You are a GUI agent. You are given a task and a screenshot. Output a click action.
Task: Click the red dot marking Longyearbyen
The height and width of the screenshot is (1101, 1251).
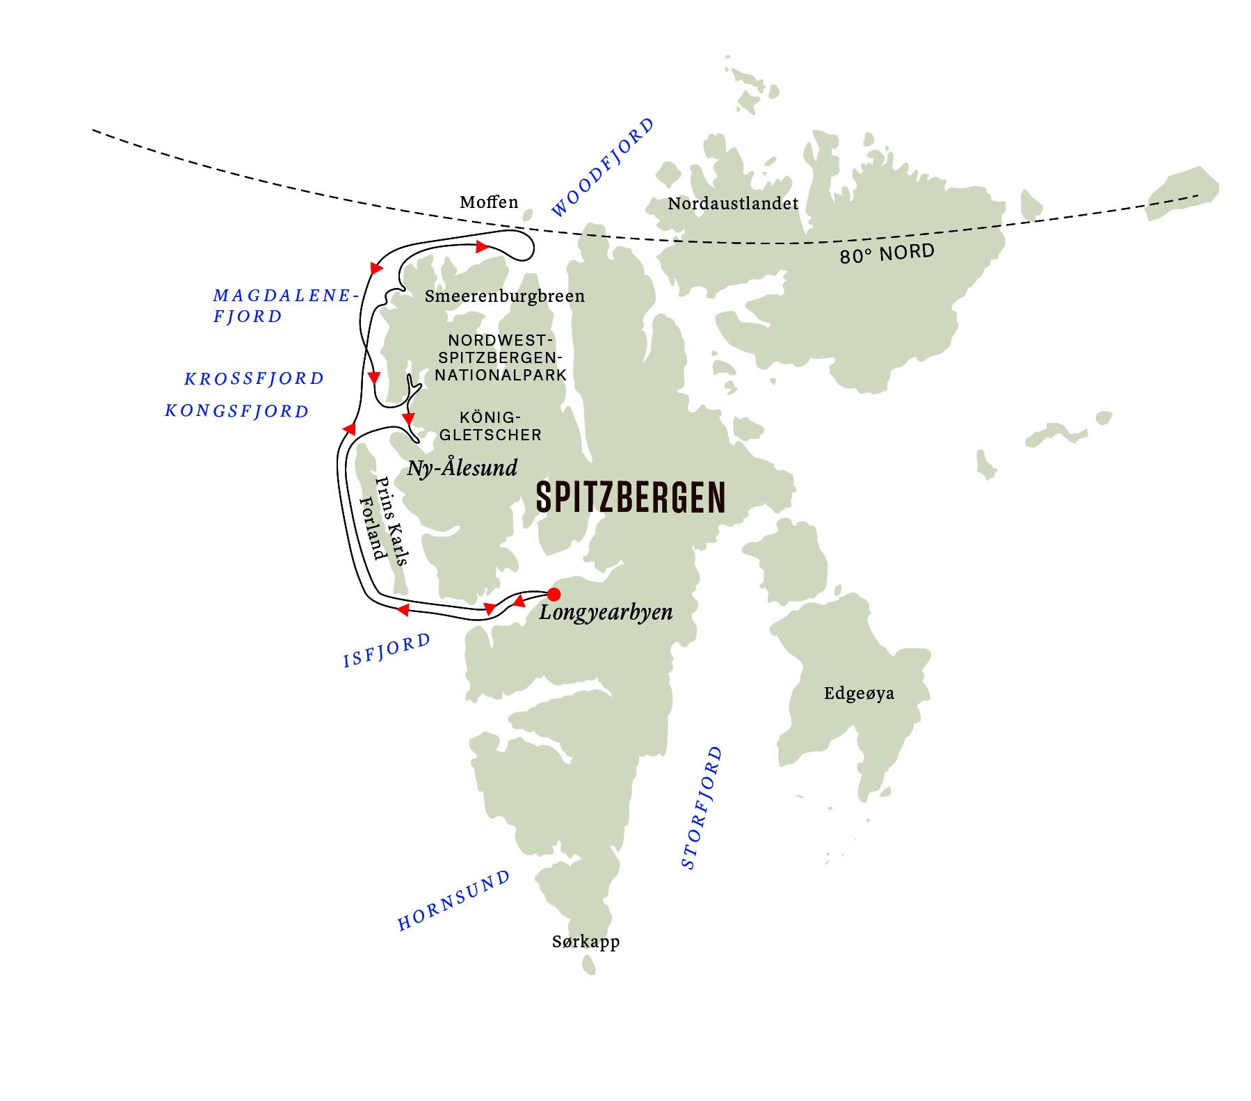click(554, 594)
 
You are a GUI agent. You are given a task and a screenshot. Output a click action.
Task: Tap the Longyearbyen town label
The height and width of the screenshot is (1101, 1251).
click(606, 613)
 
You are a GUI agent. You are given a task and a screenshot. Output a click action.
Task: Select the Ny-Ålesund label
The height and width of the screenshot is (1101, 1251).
click(462, 467)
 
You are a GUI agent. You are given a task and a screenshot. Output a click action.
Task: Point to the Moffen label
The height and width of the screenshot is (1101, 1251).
click(489, 202)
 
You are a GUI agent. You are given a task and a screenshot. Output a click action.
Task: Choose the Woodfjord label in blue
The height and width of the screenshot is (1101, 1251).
click(603, 168)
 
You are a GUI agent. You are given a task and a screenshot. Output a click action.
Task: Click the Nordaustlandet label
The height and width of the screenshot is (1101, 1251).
click(733, 204)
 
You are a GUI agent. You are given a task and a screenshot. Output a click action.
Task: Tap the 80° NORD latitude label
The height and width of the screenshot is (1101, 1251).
click(887, 254)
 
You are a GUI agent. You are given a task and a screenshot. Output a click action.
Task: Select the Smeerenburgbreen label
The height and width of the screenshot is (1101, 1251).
click(505, 296)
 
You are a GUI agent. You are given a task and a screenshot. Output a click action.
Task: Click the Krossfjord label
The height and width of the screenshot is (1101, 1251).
click(255, 379)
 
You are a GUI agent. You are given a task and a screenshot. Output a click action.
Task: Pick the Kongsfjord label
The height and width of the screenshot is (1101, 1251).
click(236, 411)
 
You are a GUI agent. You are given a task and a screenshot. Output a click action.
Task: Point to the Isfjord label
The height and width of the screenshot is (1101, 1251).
click(387, 650)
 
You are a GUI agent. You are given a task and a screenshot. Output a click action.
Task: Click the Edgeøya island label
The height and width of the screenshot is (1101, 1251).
click(859, 693)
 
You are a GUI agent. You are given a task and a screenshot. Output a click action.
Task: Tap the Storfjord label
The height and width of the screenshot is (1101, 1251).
click(702, 807)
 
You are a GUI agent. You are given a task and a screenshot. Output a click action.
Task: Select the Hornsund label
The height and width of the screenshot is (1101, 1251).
click(453, 901)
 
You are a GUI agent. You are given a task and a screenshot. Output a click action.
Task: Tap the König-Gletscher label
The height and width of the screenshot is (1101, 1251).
click(501, 426)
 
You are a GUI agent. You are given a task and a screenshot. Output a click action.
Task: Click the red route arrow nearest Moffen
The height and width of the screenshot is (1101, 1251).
click(481, 247)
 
